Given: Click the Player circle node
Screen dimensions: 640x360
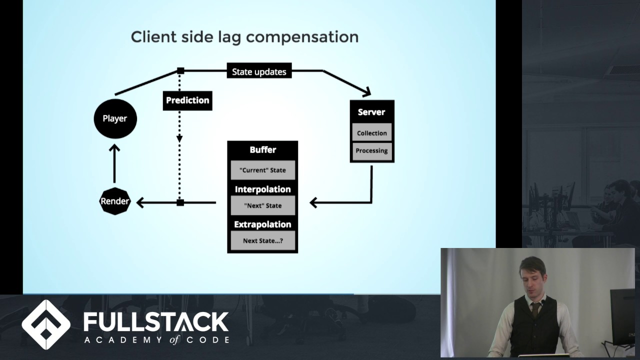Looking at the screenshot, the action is (115, 118).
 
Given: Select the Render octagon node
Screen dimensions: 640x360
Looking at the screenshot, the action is (115, 201).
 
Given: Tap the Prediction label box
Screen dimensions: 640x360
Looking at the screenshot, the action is (187, 100).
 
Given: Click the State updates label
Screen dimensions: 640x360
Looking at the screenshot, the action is (259, 71).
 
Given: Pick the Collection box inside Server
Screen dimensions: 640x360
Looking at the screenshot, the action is (371, 132).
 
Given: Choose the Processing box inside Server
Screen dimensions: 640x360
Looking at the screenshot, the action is (371, 151).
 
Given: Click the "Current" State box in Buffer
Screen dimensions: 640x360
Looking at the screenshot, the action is (262, 170).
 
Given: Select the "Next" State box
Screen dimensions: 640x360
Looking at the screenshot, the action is (262, 205).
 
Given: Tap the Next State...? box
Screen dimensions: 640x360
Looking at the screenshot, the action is (262, 240).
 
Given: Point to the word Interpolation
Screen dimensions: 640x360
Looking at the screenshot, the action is (262, 189).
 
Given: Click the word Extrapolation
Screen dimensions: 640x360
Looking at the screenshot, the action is (262, 224).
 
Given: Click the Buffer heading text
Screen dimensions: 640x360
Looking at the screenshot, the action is (263, 149).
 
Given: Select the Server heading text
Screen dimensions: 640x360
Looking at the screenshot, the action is (371, 112).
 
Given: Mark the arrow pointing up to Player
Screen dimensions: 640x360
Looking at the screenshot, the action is (114, 163).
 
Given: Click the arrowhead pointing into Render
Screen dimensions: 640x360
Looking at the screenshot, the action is (140, 202).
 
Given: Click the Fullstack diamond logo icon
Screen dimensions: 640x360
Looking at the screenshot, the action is (46, 324).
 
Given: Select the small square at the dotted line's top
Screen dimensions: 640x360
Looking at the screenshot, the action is (180, 70).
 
